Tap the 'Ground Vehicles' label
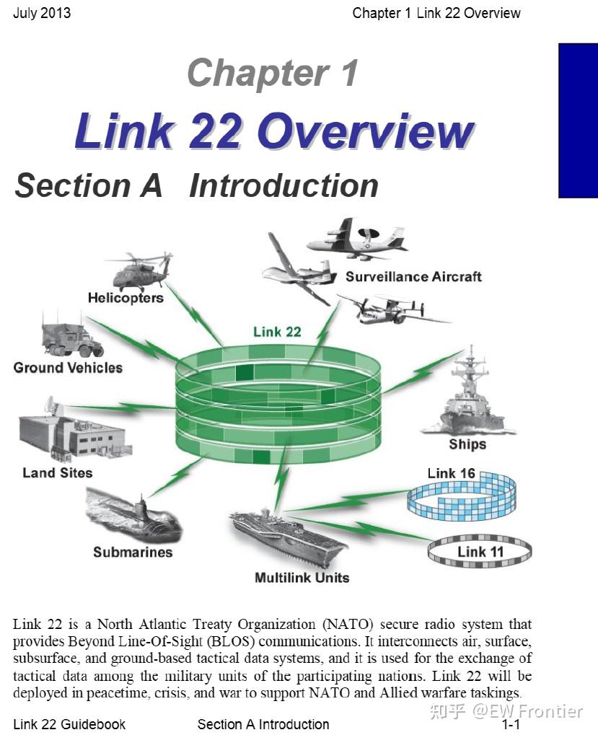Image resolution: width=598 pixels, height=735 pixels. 68,368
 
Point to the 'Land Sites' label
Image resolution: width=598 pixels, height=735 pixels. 58,473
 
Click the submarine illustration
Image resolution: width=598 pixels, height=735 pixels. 133,515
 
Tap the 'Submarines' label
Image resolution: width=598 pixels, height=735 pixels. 133,553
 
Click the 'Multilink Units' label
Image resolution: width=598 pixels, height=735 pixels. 302,578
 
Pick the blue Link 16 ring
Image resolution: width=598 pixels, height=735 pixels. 462,498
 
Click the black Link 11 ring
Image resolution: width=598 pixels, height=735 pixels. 480,553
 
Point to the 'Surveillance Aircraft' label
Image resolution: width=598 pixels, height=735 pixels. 413,277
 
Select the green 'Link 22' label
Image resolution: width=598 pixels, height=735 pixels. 277,333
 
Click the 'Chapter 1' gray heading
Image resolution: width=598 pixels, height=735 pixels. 272,74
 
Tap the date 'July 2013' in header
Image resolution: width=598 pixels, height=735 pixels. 42,13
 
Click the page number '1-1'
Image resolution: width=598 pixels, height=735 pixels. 511,724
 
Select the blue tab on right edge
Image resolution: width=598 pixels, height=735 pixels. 578,120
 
